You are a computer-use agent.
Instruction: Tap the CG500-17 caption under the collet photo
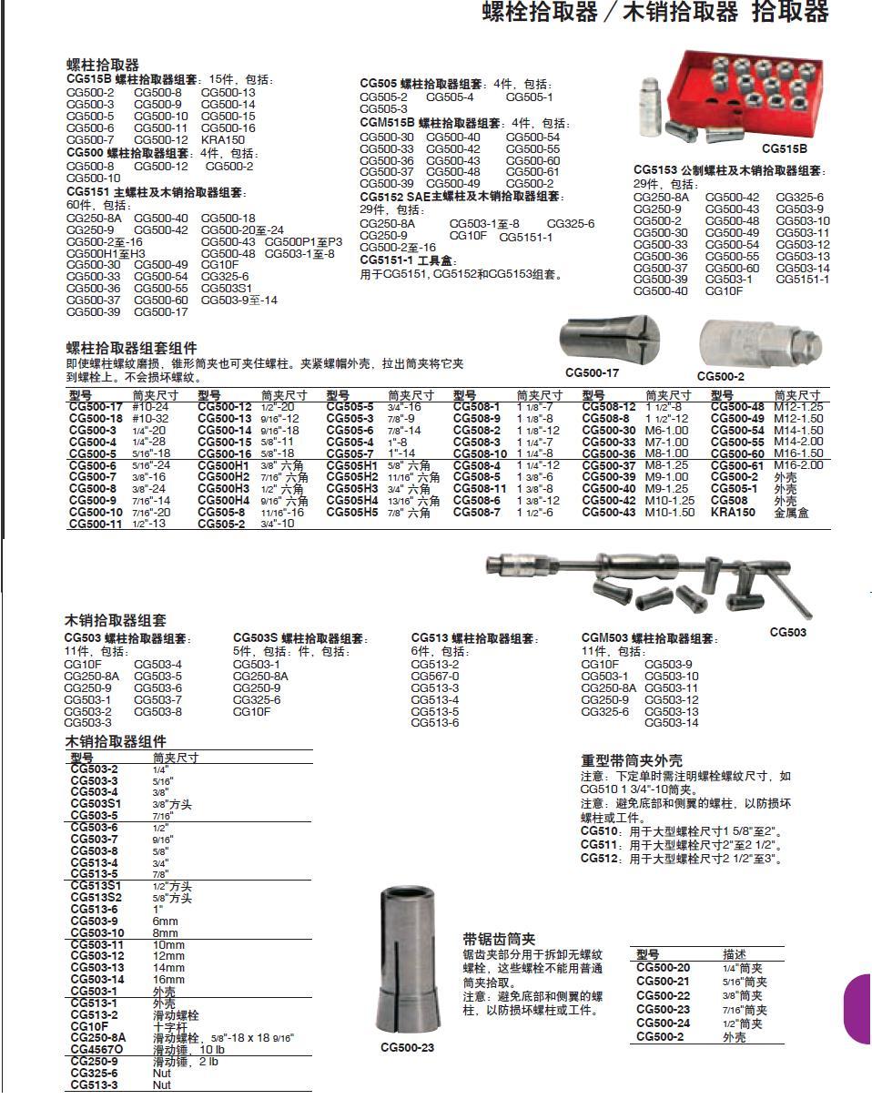[592, 372]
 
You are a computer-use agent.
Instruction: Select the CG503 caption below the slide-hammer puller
[787, 632]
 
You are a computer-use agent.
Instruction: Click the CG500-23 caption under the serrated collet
[407, 1047]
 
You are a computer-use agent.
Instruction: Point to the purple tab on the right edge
[857, 1009]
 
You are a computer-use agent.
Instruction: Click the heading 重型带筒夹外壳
[632, 759]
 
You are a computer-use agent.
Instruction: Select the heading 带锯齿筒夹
[499, 939]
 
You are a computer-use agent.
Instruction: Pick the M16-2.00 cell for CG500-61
[798, 465]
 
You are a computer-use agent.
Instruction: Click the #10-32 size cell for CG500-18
[150, 419]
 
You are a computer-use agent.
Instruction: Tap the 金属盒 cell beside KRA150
[791, 513]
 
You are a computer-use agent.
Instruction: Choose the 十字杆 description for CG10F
[169, 1026]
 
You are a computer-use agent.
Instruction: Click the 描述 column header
[735, 954]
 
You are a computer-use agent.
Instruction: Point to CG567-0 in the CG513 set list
[435, 677]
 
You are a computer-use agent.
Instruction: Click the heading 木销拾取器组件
[116, 741]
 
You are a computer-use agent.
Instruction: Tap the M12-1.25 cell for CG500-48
[798, 407]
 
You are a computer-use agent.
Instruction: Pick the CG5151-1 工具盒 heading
[410, 260]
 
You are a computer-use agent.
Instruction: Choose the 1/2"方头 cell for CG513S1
[172, 886]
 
